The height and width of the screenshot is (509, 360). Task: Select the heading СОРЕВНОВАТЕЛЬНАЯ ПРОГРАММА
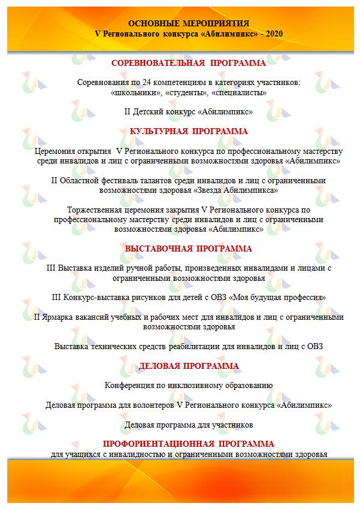pyautogui.click(x=189, y=62)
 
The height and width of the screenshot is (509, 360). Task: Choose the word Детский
pyautogui.click(x=150, y=111)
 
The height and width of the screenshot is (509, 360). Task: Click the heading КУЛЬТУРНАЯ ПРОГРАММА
pyautogui.click(x=189, y=131)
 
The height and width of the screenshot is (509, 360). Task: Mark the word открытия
pyautogui.click(x=95, y=150)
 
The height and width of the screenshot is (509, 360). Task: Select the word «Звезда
pyautogui.click(x=214, y=190)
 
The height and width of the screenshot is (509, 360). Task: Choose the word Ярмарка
pyautogui.click(x=58, y=317)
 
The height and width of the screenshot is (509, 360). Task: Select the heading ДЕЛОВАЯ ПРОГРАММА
pyautogui.click(x=189, y=366)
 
